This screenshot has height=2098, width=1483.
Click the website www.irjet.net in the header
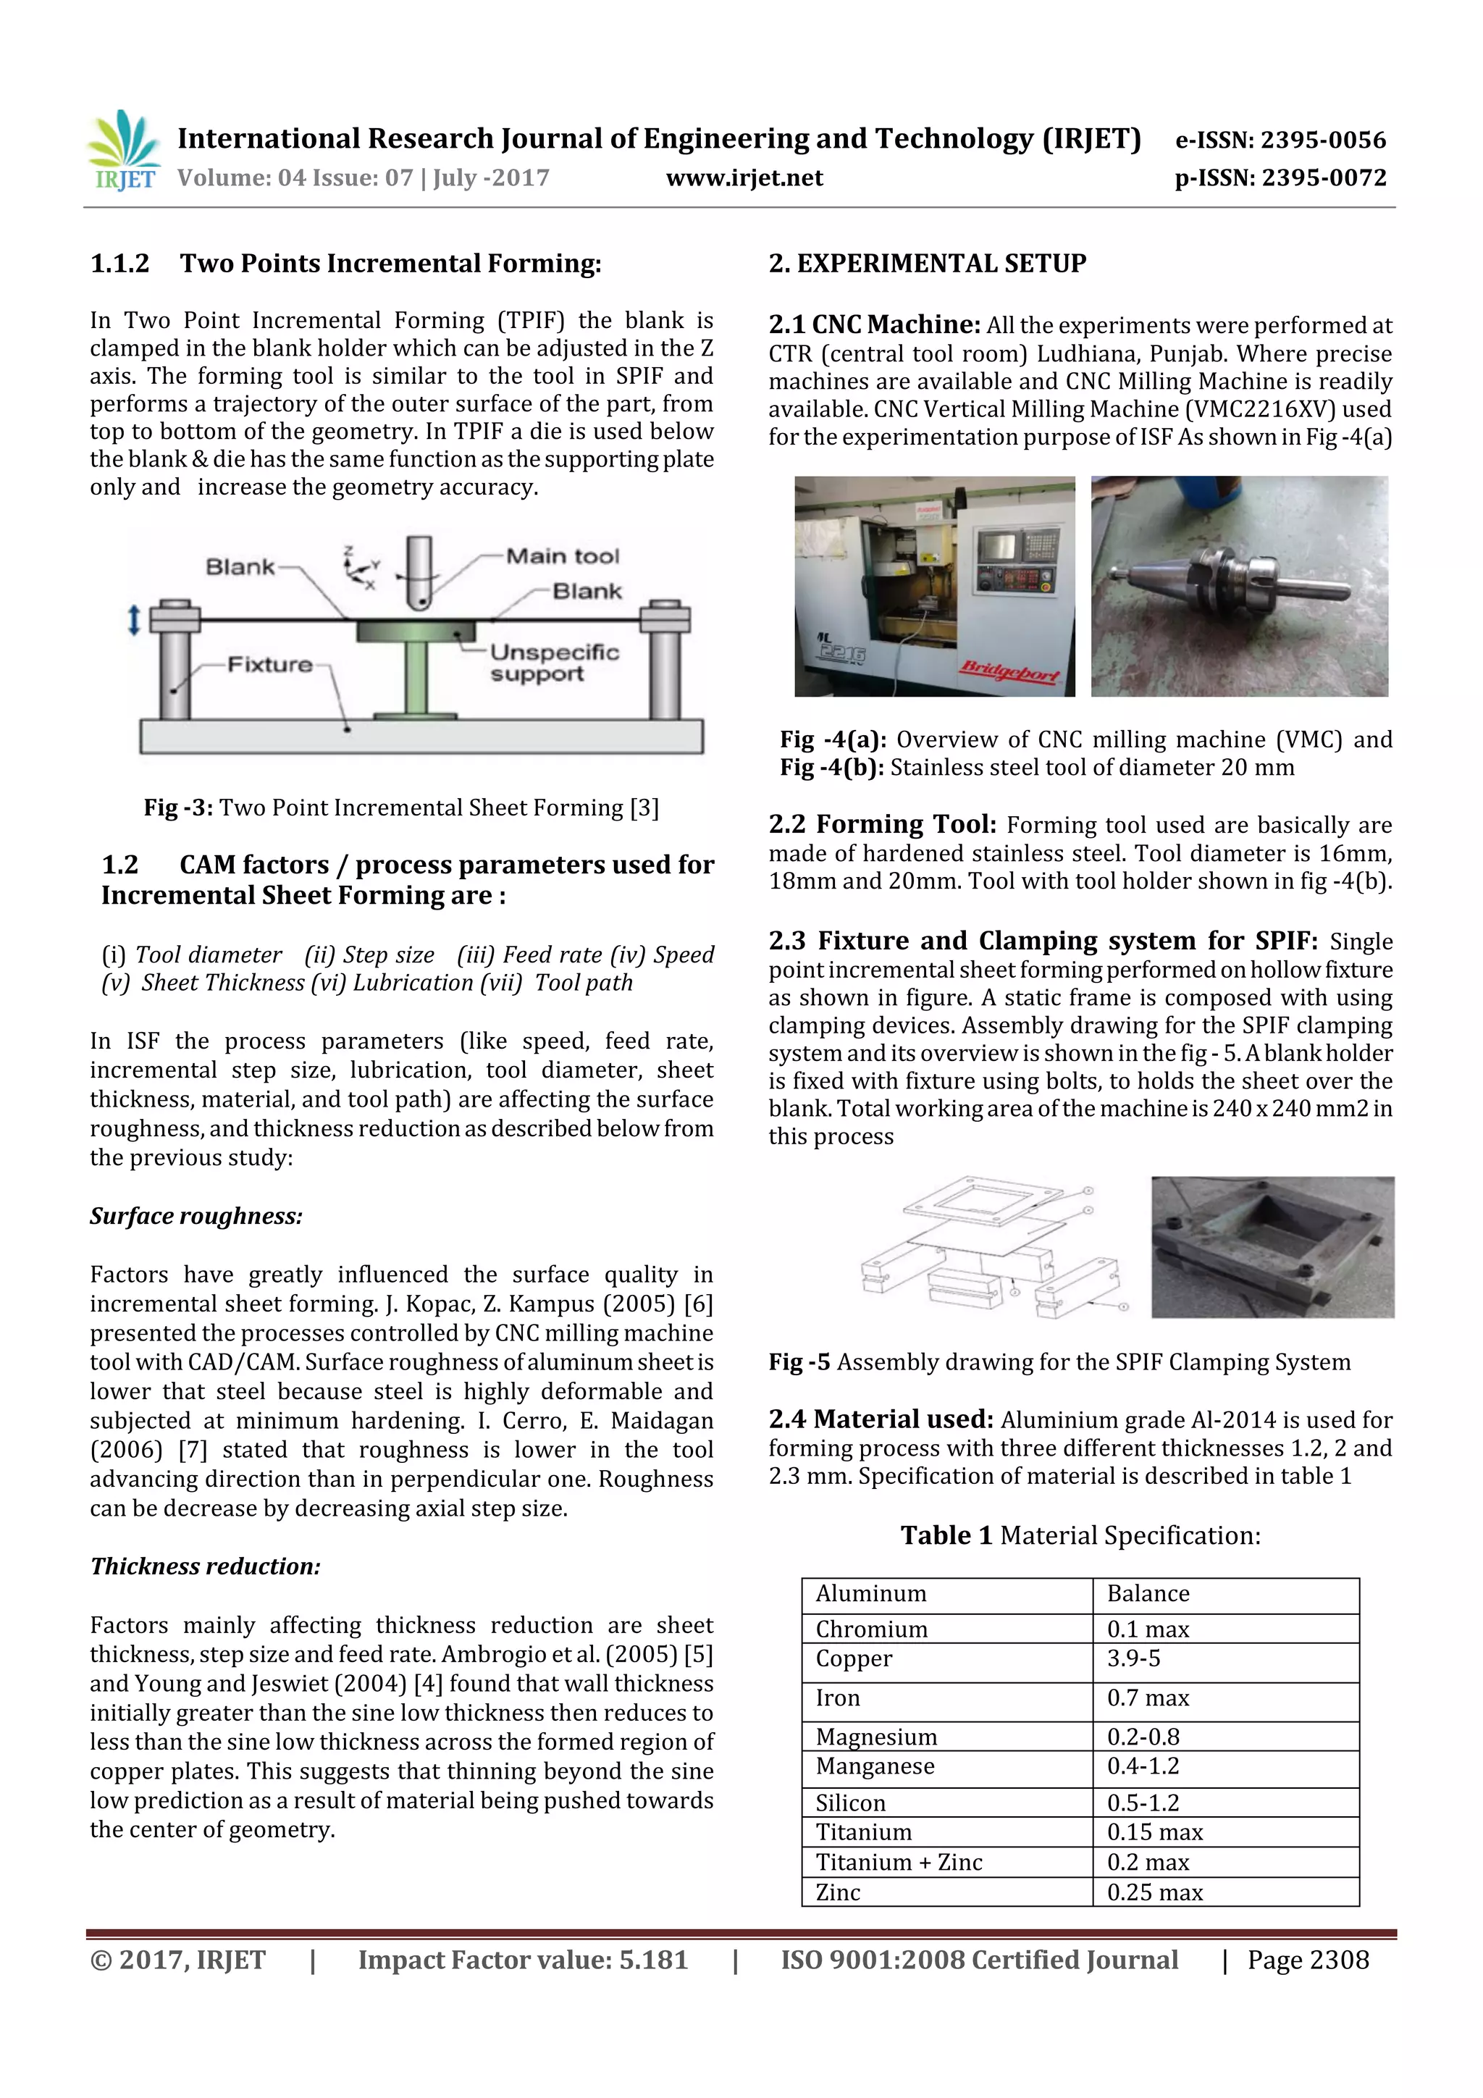(744, 178)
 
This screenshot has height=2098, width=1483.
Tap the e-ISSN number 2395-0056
(1322, 140)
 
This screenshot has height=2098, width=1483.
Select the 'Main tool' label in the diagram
(562, 556)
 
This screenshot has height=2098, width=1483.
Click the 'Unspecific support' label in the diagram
(554, 663)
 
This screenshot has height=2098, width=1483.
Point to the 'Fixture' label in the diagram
(269, 664)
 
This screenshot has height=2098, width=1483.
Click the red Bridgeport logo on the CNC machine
(1008, 674)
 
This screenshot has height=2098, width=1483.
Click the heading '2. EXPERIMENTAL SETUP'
(927, 264)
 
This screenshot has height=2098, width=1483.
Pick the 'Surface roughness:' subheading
(196, 1216)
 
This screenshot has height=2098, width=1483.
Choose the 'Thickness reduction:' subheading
(205, 1566)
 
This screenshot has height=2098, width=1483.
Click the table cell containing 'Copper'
(854, 1658)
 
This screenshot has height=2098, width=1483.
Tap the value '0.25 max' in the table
(1154, 1892)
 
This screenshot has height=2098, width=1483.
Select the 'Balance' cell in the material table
(1148, 1594)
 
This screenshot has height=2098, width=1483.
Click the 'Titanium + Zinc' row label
(898, 1862)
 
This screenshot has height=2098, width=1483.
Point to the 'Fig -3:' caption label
(178, 807)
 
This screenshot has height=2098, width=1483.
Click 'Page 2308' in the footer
(1308, 1960)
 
